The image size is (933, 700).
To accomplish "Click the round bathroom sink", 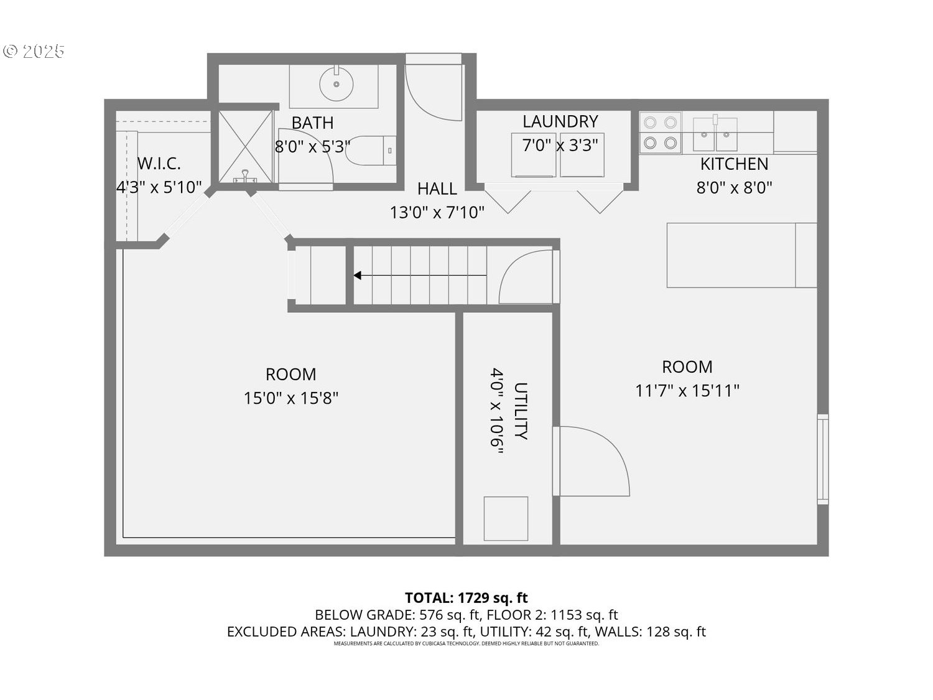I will (336, 83).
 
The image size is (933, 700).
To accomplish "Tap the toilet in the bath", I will (370, 151).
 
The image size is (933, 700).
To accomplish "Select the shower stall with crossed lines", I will (245, 147).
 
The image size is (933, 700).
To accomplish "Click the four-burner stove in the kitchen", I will (660, 133).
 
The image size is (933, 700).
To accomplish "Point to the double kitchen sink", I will (715, 134).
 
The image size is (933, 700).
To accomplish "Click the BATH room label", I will (312, 123).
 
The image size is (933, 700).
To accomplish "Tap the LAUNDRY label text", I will (560, 121).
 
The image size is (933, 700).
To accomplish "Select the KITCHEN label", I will (734, 164).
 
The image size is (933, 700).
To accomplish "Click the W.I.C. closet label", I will (159, 164).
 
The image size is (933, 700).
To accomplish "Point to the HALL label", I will (437, 189).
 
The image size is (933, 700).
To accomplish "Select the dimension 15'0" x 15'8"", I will (290, 398).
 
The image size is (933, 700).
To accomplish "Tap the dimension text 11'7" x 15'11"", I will (687, 391).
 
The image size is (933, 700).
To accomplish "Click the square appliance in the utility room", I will (506, 518).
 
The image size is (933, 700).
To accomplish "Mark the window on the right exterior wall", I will (822, 459).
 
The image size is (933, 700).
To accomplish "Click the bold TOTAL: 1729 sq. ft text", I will (466, 598).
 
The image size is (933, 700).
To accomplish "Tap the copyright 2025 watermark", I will (34, 51).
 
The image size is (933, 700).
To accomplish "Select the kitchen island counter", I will (741, 255).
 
